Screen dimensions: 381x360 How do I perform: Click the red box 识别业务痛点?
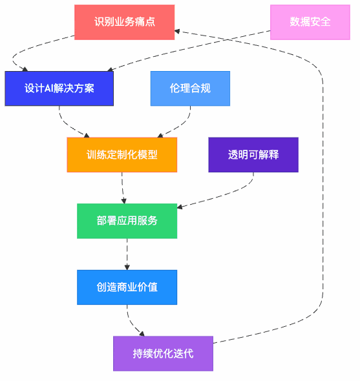tap(124, 22)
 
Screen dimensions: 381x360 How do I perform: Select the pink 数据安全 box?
tap(310, 22)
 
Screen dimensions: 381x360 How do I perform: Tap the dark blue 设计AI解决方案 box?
tap(59, 88)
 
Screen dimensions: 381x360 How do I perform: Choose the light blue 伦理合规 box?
tap(190, 88)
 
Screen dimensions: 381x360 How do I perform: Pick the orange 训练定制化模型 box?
tap(122, 155)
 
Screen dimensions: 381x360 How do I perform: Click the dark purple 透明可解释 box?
tap(253, 155)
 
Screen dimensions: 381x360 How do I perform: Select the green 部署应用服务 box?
tap(127, 221)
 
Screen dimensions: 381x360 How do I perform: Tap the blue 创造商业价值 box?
tap(127, 287)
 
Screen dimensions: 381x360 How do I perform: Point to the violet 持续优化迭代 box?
tap(163, 353)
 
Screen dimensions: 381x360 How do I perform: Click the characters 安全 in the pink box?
tap(320, 22)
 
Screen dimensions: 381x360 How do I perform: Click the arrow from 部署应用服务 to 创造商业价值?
tap(127, 254)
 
